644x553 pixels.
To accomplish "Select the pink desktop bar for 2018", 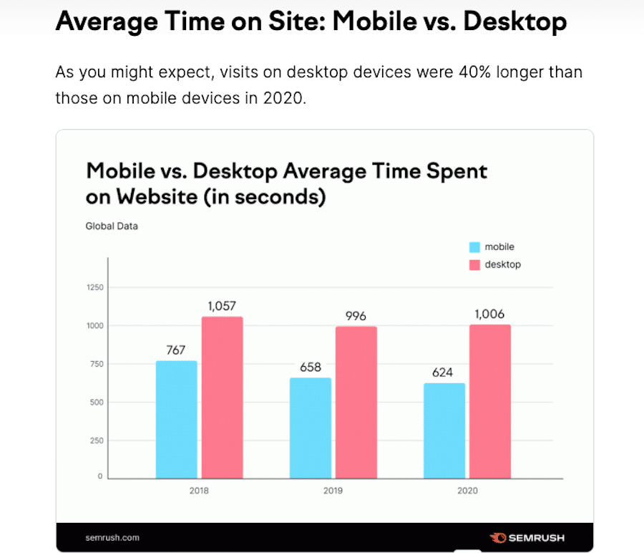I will (222, 398).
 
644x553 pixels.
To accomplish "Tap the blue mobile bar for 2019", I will (311, 428).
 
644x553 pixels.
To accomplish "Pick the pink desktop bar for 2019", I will (356, 402).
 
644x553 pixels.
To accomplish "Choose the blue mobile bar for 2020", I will (444, 431).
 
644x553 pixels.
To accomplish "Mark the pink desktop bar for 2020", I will (490, 401).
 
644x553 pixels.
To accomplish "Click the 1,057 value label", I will (222, 306).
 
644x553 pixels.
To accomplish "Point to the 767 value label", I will (176, 350).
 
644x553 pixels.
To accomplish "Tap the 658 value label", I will (311, 367).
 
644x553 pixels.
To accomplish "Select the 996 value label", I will (356, 316).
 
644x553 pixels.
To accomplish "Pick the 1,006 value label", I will (490, 314).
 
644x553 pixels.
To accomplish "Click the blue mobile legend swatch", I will (474, 247).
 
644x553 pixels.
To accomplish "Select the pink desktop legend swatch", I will (474, 265).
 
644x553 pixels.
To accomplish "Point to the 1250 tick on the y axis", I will (95, 288).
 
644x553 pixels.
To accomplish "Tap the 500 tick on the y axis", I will (97, 402).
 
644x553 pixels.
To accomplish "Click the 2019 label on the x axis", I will (333, 491).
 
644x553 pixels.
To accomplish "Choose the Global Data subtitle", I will (112, 226).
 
